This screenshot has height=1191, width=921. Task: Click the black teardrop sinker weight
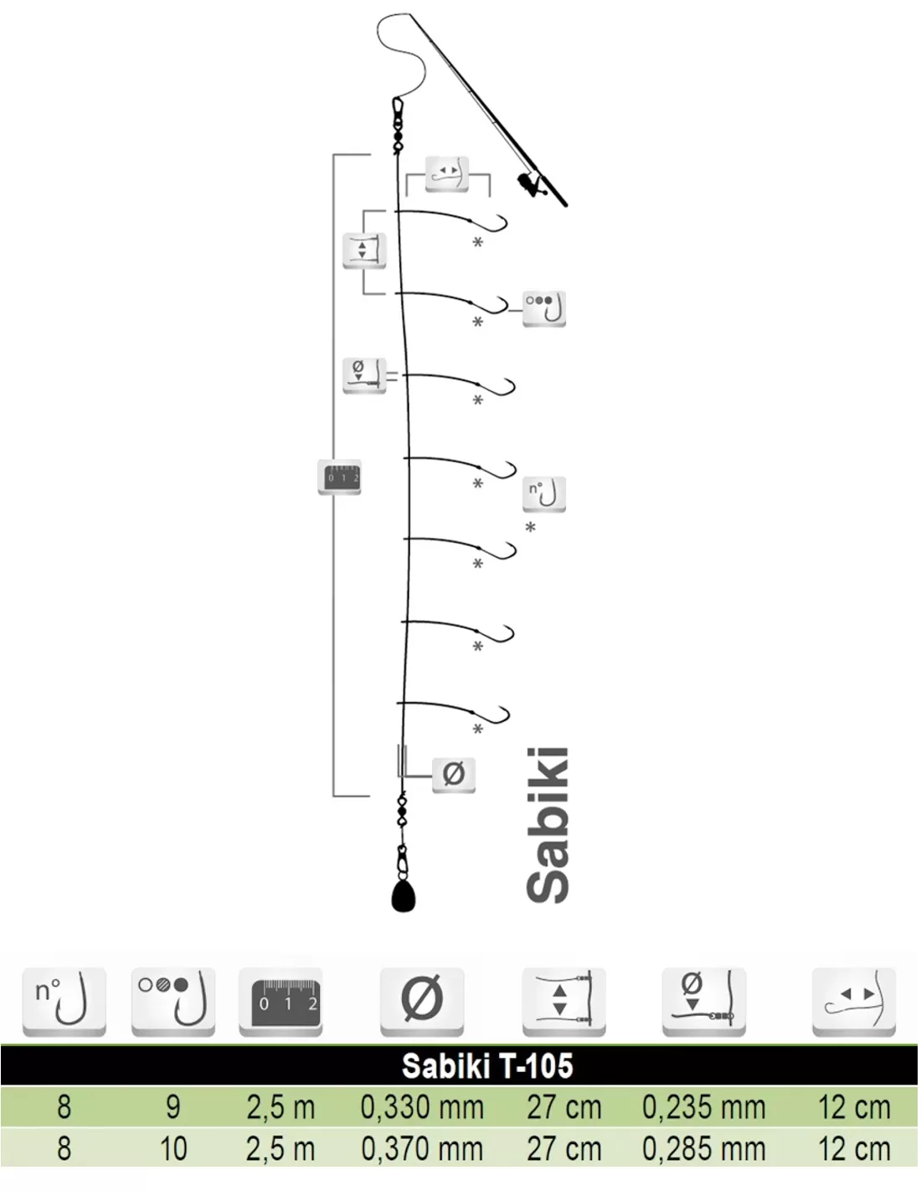click(x=404, y=896)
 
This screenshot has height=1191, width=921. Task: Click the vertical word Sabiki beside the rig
click(x=547, y=825)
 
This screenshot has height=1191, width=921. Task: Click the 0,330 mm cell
click(x=422, y=1108)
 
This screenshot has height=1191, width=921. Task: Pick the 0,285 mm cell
click(x=703, y=1149)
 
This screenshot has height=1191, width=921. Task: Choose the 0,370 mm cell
click(x=422, y=1149)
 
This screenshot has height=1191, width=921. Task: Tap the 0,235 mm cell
click(x=703, y=1108)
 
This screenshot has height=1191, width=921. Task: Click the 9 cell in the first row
click(x=173, y=1108)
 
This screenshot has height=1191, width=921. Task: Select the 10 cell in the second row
click(x=173, y=1149)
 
